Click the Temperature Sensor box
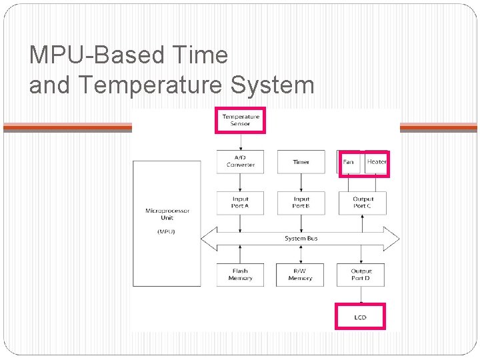click(x=240, y=120)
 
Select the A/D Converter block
click(x=240, y=162)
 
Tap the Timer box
click(x=301, y=162)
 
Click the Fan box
click(x=349, y=162)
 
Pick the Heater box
click(x=376, y=162)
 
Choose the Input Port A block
click(x=240, y=203)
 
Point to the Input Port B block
click(x=301, y=203)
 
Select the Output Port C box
click(x=363, y=203)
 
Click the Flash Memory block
click(x=240, y=275)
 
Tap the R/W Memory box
click(x=301, y=275)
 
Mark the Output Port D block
click(x=363, y=275)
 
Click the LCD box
click(x=360, y=317)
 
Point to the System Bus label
click(x=301, y=238)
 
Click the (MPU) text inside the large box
click(x=167, y=231)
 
